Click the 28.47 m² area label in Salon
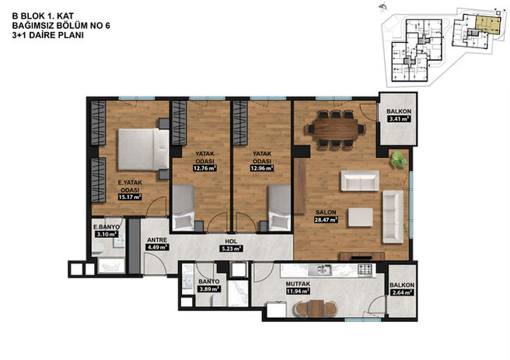(x=326, y=220)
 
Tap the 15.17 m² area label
(x=130, y=197)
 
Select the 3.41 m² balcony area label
(x=399, y=119)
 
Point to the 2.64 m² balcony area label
(x=402, y=292)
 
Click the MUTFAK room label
(x=298, y=284)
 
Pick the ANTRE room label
(x=157, y=240)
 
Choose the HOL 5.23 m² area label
(x=231, y=249)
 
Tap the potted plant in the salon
(x=398, y=159)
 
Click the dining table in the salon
(x=336, y=130)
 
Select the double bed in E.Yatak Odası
(x=143, y=149)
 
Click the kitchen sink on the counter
(x=320, y=269)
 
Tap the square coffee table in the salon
(x=361, y=217)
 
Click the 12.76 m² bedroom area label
(x=205, y=169)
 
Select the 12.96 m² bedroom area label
(x=262, y=169)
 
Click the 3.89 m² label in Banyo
(x=209, y=288)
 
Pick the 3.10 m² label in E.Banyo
(x=106, y=234)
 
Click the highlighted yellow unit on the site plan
(x=487, y=26)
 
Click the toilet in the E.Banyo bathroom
(x=98, y=249)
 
